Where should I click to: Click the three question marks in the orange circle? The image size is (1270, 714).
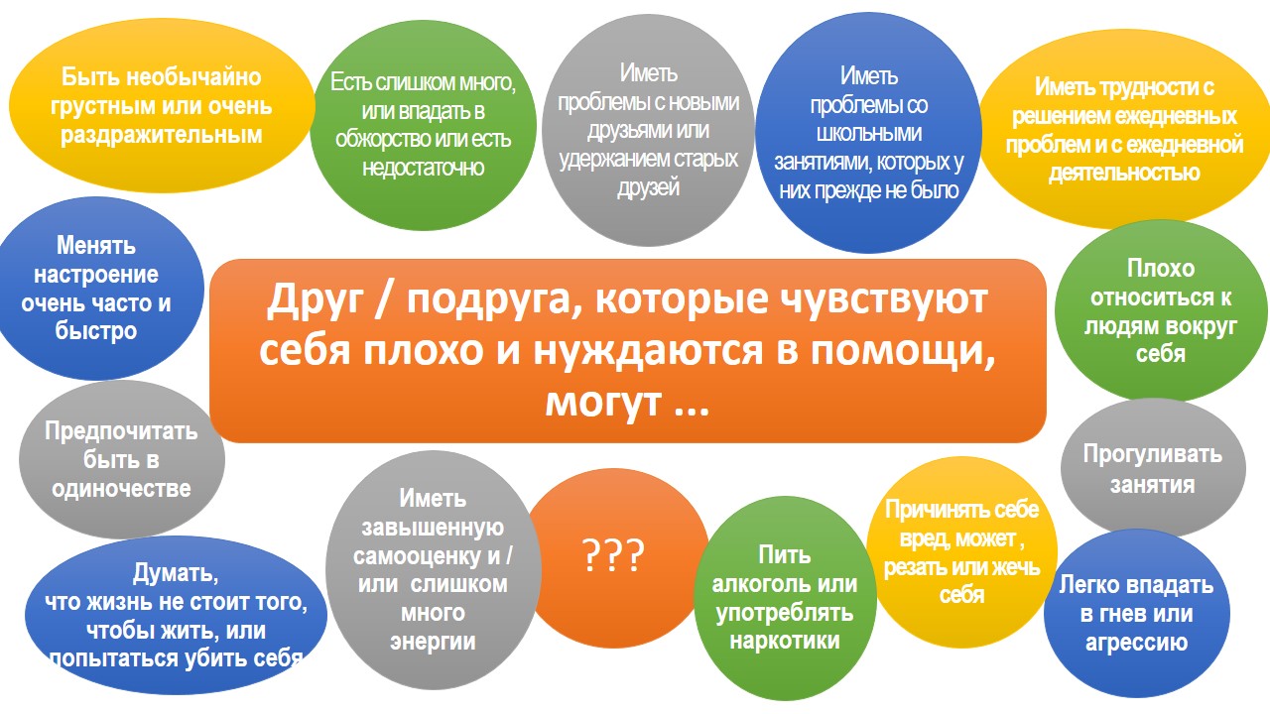click(613, 554)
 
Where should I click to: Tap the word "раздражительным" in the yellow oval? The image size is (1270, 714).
click(162, 136)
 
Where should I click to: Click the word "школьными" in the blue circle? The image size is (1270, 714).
click(868, 133)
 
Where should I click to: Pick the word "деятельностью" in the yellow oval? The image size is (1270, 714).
click(1124, 173)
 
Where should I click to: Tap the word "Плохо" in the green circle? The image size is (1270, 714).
click(1160, 268)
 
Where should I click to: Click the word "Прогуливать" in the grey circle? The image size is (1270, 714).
click(1152, 454)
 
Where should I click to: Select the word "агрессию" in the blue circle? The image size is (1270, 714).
click(1136, 644)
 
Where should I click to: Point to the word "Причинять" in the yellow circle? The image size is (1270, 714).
click(926, 510)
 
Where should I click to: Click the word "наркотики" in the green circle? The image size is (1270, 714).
click(785, 641)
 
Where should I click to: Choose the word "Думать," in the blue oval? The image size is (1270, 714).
click(176, 573)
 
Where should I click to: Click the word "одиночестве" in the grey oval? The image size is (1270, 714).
click(121, 489)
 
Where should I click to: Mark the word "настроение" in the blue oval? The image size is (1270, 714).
click(96, 275)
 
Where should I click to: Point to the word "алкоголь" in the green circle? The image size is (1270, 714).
click(756, 584)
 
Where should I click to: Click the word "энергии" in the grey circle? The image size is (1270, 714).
click(433, 642)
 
